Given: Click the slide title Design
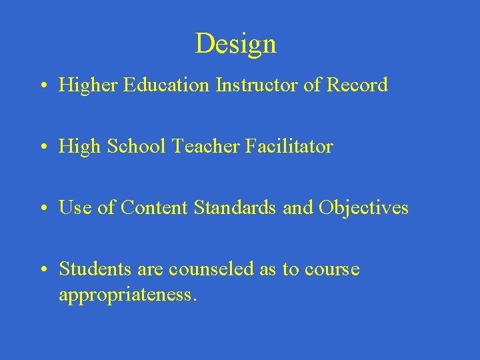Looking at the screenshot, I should click(235, 44).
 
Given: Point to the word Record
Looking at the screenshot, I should click(357, 85).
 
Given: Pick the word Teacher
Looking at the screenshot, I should click(202, 147).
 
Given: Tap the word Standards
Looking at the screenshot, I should click(236, 208).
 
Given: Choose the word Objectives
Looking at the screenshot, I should click(363, 208).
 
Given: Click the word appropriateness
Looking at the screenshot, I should click(127, 294).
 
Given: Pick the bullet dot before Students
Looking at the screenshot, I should click(42, 270).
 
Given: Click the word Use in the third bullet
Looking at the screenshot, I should click(74, 208).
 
